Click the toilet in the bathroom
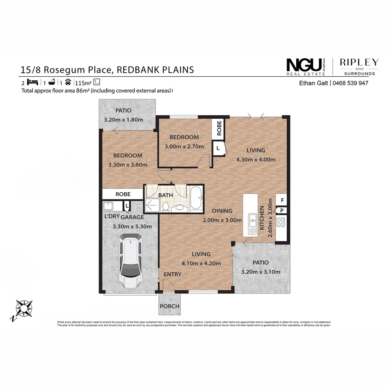(166, 207)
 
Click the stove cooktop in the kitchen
(281, 222)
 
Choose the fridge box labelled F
(282, 200)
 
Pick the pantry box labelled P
(282, 211)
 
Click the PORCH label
(169, 306)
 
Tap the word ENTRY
(172, 274)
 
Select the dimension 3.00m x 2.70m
(184, 146)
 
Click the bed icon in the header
(32, 82)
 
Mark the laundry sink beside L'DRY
(108, 206)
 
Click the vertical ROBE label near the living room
(219, 128)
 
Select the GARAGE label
(132, 217)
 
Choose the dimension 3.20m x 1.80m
(123, 120)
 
